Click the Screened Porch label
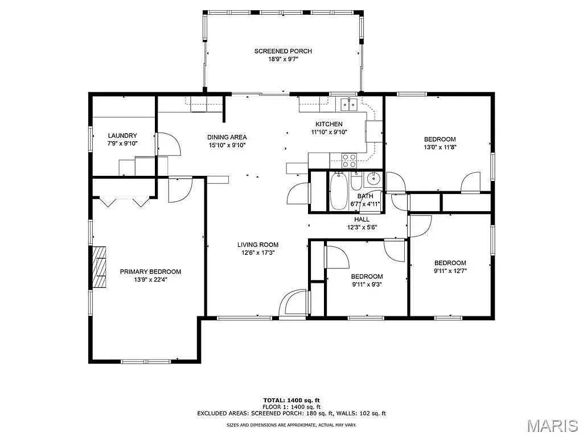tap(283, 51)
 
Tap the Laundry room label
tap(122, 135)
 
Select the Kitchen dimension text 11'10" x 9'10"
tap(329, 132)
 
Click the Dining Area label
tap(227, 137)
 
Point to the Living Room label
tap(258, 245)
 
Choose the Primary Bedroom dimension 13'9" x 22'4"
tap(150, 279)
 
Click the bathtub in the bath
tap(338, 191)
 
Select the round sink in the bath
tap(373, 180)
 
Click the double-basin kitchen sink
tap(348, 104)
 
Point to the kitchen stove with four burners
tap(348, 160)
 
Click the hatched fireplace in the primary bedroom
tap(100, 267)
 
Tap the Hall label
tap(362, 219)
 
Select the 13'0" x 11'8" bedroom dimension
tap(440, 147)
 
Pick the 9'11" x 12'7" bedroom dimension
tap(450, 271)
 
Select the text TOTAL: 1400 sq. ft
tap(291, 400)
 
